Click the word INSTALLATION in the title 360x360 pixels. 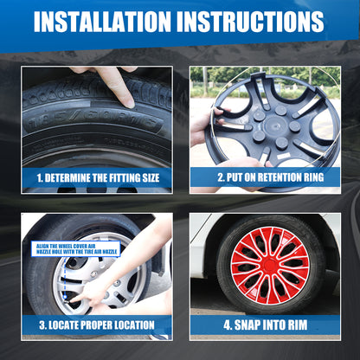coord(102,22)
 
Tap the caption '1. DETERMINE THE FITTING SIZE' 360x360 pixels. coord(98,178)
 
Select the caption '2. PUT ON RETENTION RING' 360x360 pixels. coord(271,177)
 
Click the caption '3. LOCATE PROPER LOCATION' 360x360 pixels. coord(97,325)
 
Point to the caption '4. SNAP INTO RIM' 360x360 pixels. coord(266,325)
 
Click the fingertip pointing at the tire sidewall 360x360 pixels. coord(128,103)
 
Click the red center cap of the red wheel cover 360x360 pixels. coord(270,265)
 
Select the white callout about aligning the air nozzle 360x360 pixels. coord(75,249)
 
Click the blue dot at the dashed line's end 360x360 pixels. coord(65,297)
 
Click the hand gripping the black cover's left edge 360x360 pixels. coord(207,125)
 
